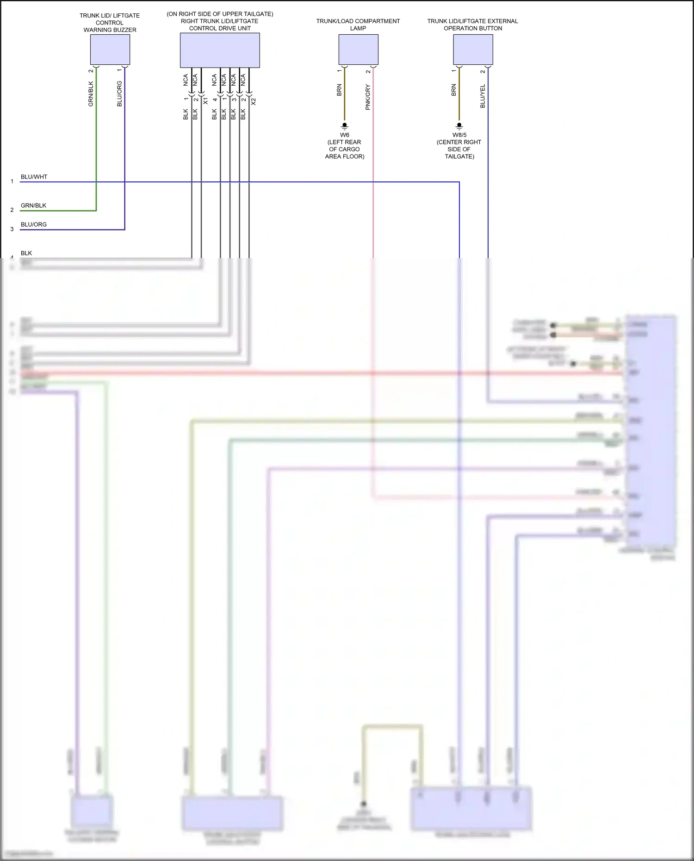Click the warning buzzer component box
[110, 50]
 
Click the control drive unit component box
[219, 50]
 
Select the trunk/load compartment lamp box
[358, 50]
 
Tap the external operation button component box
[473, 50]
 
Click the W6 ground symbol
[344, 126]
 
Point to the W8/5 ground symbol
[459, 126]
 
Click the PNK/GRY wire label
[368, 97]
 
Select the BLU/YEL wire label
[483, 96]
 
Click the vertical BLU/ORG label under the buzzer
[119, 94]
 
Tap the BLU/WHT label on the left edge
[34, 177]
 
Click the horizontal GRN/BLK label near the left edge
[33, 205]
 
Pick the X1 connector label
[205, 101]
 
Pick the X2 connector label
[253, 101]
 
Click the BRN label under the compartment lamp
[339, 90]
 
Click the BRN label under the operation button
[453, 90]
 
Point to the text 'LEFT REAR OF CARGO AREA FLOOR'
[345, 149]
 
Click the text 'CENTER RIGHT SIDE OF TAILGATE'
[459, 149]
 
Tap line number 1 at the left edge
[12, 181]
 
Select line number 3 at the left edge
[12, 229]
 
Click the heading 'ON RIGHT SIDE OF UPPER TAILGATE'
[220, 14]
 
